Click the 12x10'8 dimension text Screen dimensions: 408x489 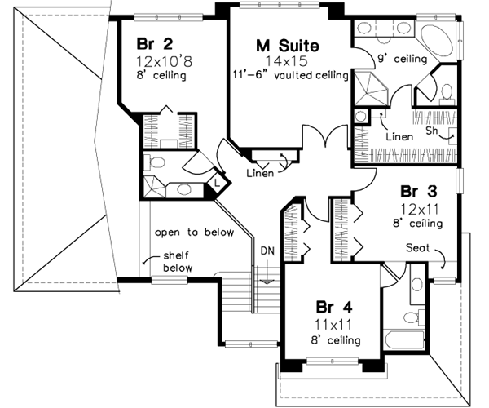(x=163, y=61)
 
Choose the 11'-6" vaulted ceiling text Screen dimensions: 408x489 (x=289, y=76)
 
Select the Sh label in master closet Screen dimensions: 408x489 (x=432, y=131)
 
